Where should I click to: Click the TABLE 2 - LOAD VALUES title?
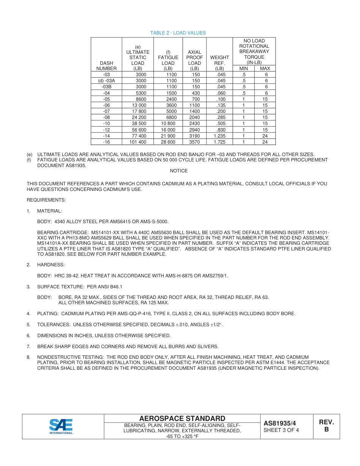178,33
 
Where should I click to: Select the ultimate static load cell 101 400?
138,142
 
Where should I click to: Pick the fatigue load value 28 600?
168,142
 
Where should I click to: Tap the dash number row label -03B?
106,87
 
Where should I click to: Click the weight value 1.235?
219,136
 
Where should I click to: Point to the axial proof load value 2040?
194,117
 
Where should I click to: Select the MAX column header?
265,69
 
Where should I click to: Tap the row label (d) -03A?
106,81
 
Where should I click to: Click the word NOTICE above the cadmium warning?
178,171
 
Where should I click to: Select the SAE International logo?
61,427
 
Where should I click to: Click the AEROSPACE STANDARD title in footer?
182,418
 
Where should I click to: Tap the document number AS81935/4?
280,424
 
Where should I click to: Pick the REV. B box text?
326,426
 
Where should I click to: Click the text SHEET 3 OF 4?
281,430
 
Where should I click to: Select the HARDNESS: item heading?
51,265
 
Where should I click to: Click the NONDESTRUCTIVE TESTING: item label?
71,357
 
